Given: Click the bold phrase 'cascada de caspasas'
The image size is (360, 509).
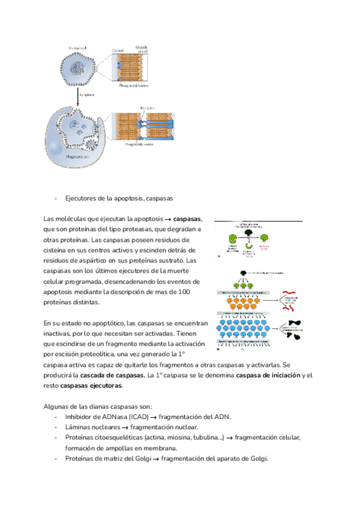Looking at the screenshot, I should coord(113,375).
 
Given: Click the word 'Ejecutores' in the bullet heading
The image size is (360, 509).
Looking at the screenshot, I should coord(82,197).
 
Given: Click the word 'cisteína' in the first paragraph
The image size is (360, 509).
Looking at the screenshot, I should coord(58,250).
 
